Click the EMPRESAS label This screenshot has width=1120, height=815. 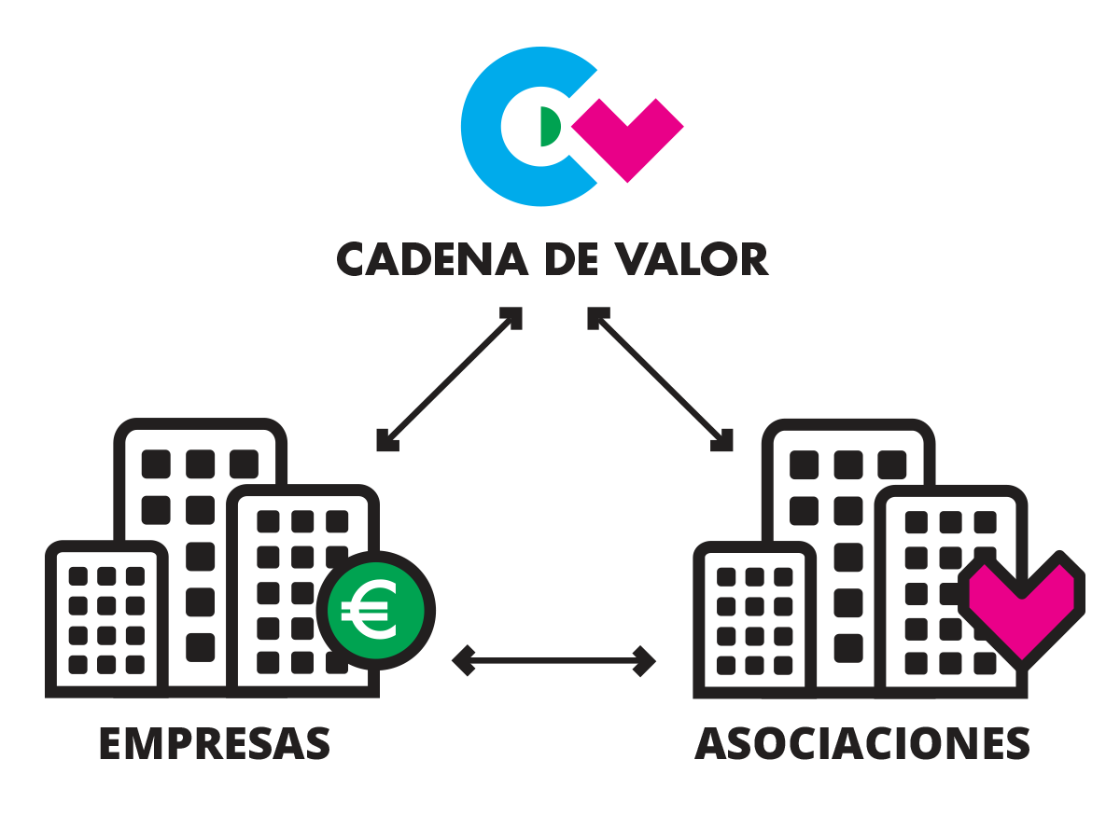click(215, 743)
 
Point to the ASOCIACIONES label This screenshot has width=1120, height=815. click(863, 743)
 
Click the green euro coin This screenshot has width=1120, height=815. click(371, 612)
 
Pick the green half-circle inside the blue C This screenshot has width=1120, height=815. click(550, 128)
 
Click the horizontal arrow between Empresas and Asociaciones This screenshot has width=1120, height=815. click(554, 661)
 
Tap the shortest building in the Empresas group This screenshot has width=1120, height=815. click(105, 615)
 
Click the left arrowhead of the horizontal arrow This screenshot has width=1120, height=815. click(461, 661)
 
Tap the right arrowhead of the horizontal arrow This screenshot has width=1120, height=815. click(646, 661)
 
